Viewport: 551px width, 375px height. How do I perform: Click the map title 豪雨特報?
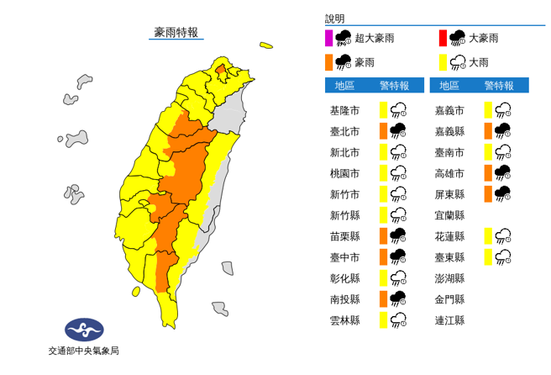(176, 33)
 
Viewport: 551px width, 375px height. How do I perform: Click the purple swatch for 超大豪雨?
(329, 38)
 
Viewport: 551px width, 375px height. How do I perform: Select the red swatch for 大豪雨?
(442, 38)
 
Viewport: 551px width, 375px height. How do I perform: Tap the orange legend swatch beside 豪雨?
(329, 61)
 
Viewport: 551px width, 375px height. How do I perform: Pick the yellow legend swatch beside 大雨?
(442, 61)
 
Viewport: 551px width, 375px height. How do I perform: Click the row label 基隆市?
(344, 109)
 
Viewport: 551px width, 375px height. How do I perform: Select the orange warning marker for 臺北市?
(382, 130)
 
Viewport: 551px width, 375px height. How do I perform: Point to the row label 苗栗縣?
(344, 235)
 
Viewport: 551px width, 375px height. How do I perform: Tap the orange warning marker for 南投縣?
(382, 298)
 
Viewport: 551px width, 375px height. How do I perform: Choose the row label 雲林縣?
(344, 320)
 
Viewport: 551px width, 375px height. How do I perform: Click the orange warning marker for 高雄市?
(487, 172)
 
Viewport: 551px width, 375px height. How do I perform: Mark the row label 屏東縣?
(449, 193)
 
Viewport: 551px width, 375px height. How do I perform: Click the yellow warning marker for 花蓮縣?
(487, 235)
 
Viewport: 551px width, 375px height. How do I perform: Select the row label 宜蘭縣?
(449, 214)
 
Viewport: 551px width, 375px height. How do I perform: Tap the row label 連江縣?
(449, 320)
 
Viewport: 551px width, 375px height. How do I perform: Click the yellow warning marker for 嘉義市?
(487, 109)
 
